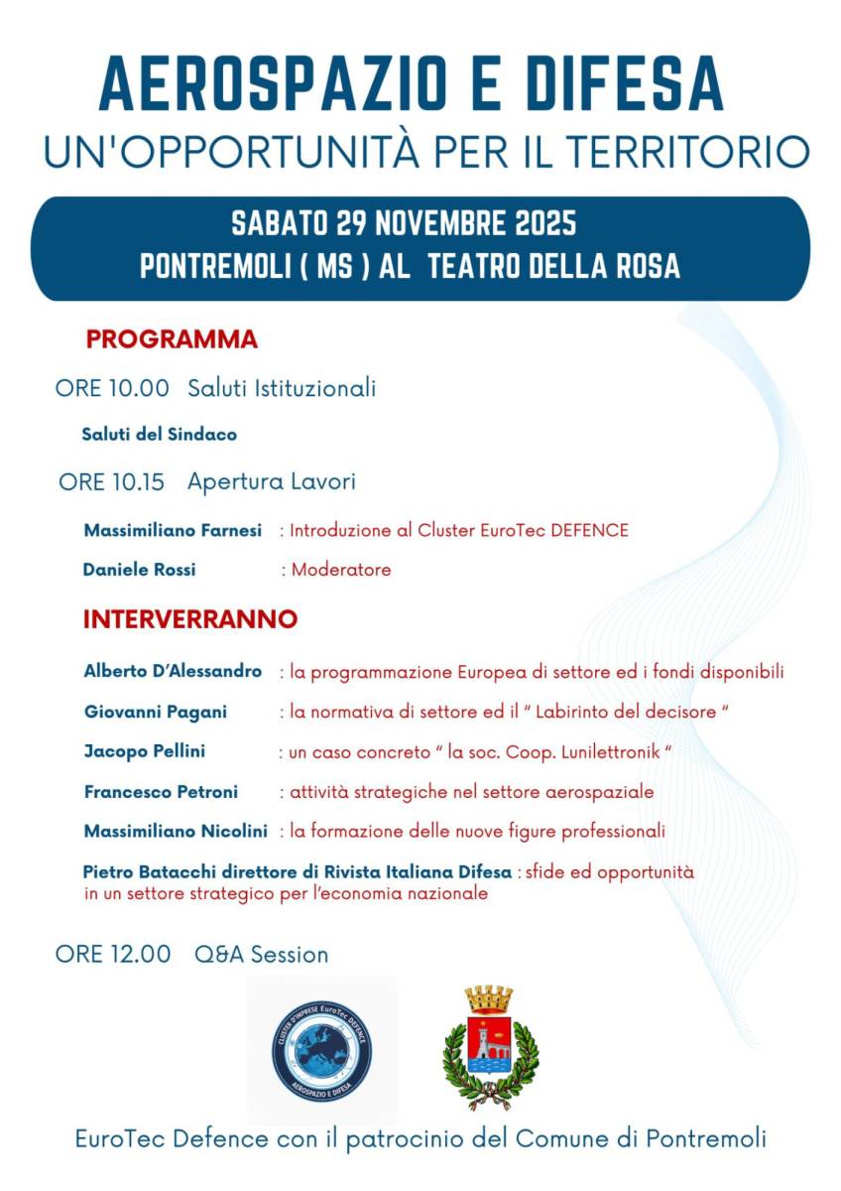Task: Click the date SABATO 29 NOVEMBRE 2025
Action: (404, 223)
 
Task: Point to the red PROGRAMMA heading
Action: (172, 339)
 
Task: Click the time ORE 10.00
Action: (112, 388)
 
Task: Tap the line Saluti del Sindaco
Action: (160, 435)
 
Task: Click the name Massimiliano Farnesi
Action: (173, 531)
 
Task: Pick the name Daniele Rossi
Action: (140, 570)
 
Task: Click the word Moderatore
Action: (341, 570)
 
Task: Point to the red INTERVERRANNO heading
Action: (190, 619)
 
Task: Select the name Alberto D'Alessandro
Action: (173, 672)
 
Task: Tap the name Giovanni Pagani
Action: (156, 712)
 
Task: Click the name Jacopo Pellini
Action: (145, 751)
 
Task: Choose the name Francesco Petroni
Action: (162, 792)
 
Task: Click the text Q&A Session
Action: (261, 955)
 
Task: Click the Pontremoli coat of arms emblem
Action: (490, 1047)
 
